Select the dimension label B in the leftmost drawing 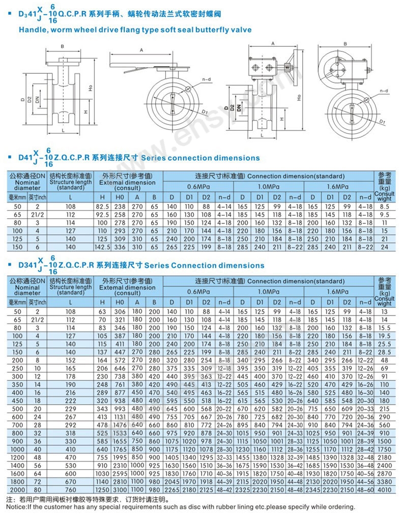click(x=62, y=46)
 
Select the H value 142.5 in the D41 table click(x=103, y=247)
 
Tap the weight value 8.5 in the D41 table click(x=385, y=207)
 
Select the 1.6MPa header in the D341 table click(x=338, y=292)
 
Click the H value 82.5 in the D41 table click(x=103, y=207)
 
